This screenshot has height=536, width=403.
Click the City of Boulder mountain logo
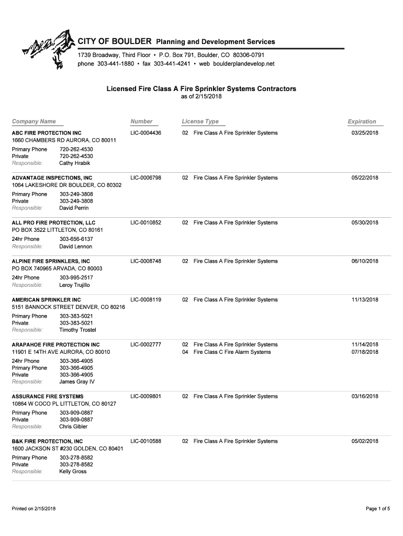[47, 50]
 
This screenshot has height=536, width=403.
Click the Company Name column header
[34, 121]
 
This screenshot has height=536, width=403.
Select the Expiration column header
[362, 121]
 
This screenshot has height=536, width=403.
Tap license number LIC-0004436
[146, 133]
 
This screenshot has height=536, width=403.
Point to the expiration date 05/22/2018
[365, 178]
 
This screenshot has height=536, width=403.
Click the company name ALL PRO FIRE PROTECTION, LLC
[54, 223]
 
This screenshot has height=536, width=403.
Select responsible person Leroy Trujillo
[75, 285]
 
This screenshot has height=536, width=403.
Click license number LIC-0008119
[146, 300]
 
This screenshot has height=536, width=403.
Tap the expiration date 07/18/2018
[365, 352]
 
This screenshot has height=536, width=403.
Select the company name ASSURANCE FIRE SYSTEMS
[48, 397]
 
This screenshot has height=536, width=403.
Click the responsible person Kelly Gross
[73, 472]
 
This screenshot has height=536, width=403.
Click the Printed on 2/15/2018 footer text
[34, 509]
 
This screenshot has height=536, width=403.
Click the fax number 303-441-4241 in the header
[170, 64]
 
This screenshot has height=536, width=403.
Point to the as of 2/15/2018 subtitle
[201, 97]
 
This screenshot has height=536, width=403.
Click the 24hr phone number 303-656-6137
[76, 239]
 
